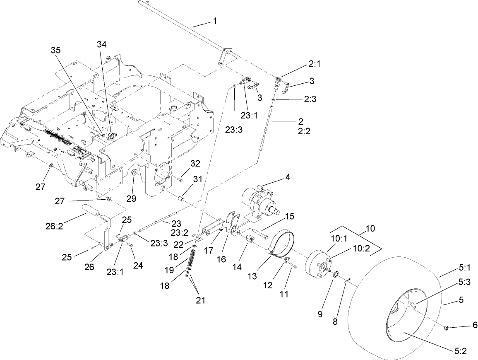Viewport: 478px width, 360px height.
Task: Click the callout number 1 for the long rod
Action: [215, 21]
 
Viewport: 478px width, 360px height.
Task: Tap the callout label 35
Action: [56, 50]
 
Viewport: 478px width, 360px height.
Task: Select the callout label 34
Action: [102, 44]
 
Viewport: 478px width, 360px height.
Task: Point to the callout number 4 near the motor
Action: [287, 177]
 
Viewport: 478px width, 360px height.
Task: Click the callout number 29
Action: [131, 199]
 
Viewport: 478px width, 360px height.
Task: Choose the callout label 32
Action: [195, 164]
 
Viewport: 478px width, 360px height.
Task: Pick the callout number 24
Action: [138, 266]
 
